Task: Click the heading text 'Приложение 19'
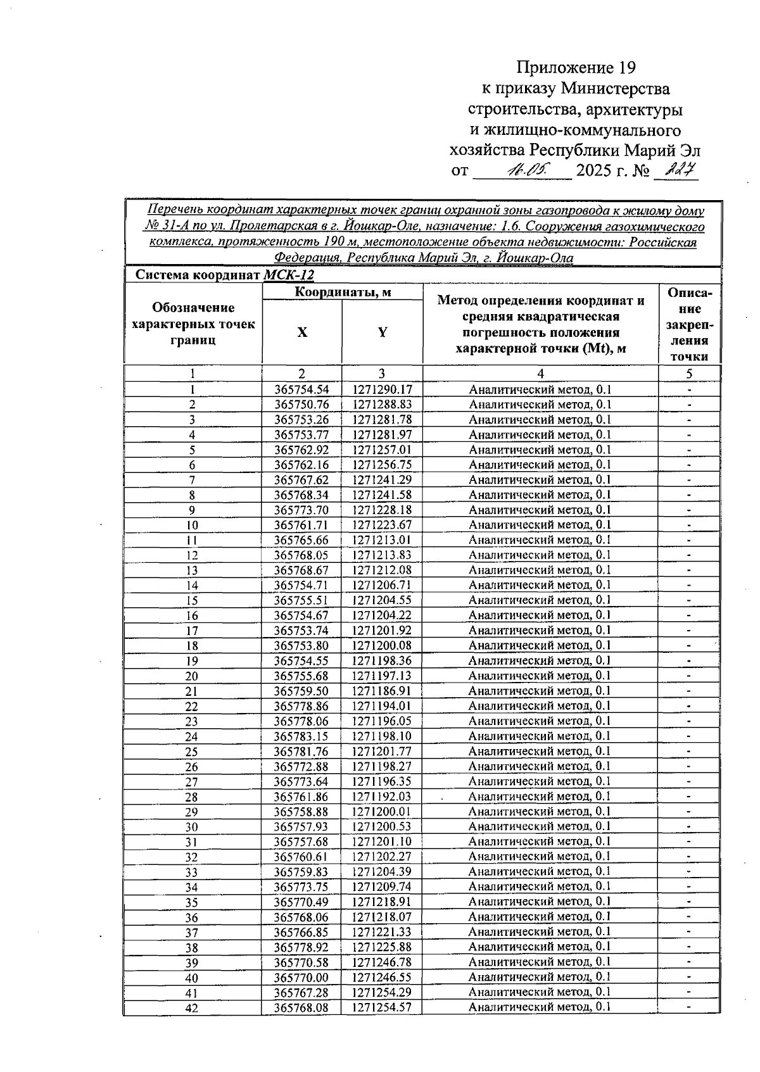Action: coord(575,68)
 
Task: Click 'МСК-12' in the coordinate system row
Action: coord(288,275)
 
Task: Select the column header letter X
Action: coord(302,332)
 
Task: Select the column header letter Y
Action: coord(382,332)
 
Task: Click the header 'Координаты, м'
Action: coord(343,292)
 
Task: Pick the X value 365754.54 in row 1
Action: coord(301,389)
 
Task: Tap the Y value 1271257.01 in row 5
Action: coord(382,450)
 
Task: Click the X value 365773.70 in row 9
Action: coord(301,510)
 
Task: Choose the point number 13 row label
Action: coord(192,571)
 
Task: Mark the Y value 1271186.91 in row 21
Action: coord(382,691)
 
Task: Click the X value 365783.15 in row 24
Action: coord(301,736)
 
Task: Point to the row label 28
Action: coord(192,797)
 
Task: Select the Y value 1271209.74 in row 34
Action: coord(382,886)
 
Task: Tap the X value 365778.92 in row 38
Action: coord(301,947)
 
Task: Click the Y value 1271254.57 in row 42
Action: coord(382,1007)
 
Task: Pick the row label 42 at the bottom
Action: coord(192,1007)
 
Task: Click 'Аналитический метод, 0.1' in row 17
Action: coord(540,630)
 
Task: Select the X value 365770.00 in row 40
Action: coord(301,977)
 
